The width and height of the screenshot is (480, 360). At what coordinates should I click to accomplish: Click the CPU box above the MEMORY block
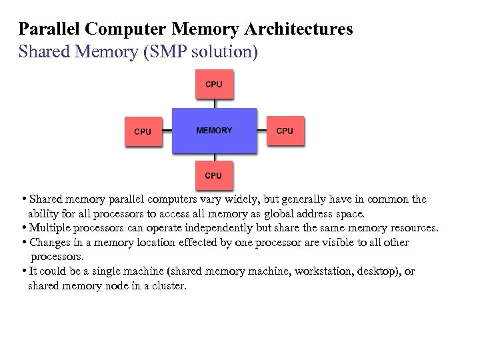(x=214, y=85)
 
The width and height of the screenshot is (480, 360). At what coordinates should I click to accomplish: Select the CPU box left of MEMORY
(x=143, y=131)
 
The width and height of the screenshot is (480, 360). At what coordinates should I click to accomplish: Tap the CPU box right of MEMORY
(x=285, y=131)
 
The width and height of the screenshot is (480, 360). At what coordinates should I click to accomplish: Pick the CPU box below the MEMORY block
(x=213, y=175)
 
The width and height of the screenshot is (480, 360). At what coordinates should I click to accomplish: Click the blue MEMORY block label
(x=214, y=131)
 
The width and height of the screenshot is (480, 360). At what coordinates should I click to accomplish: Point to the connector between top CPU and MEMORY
(x=214, y=103)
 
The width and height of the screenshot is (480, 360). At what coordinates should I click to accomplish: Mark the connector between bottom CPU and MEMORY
(x=214, y=158)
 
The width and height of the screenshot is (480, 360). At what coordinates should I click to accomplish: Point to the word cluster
(x=170, y=285)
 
